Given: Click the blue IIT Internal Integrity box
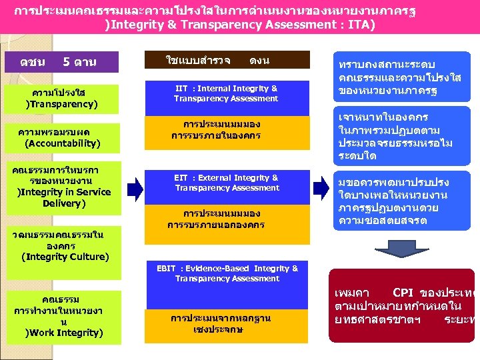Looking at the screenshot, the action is [x=226, y=94].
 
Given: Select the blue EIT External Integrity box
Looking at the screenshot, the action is [x=226, y=183].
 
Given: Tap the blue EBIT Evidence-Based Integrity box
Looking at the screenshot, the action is [x=227, y=273].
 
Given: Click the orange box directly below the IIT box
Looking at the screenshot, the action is [x=226, y=130].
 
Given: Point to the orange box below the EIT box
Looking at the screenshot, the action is [x=226, y=219].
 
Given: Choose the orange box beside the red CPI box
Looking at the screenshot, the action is [x=226, y=323].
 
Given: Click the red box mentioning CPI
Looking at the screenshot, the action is [x=402, y=305].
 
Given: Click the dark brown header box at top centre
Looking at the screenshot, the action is [x=227, y=60].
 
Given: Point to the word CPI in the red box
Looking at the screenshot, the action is [x=405, y=292].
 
